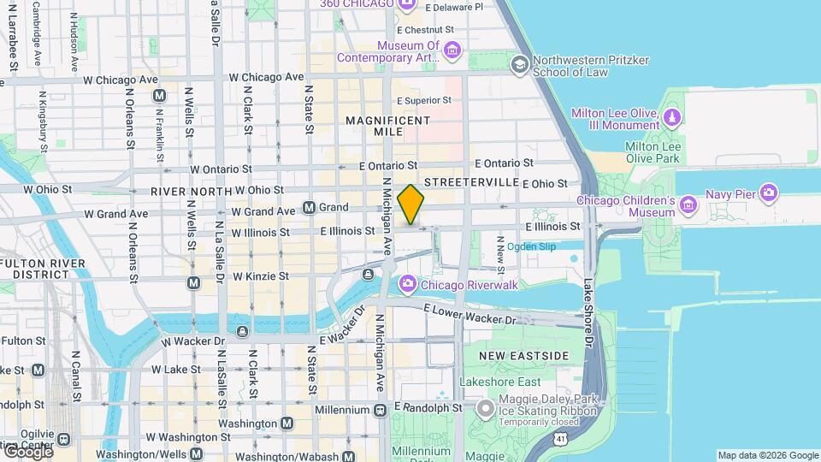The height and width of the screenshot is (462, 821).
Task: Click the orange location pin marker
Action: click(x=411, y=204)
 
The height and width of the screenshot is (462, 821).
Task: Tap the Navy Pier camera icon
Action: click(x=768, y=193)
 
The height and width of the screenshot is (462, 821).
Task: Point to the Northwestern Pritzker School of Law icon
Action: click(x=519, y=64)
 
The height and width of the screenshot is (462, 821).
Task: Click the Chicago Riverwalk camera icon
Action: click(x=408, y=283)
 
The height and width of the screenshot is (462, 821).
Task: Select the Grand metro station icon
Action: click(x=310, y=207)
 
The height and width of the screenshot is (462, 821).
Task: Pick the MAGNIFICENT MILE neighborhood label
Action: click(x=388, y=127)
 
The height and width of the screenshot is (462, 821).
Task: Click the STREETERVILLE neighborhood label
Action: click(x=472, y=182)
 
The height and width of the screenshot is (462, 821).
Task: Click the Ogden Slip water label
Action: click(x=531, y=246)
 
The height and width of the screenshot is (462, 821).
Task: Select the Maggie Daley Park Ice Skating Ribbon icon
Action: click(x=485, y=410)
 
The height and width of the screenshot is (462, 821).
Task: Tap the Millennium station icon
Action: click(x=379, y=410)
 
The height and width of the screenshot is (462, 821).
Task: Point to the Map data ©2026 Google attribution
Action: click(x=767, y=455)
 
